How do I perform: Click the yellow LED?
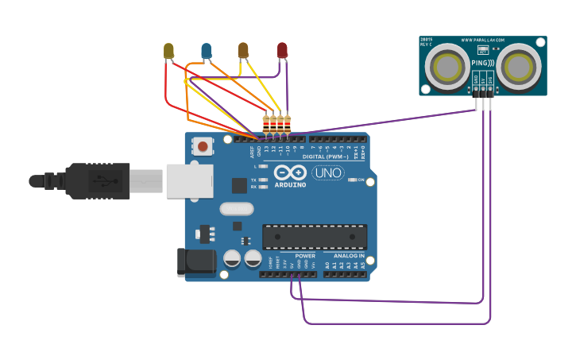pyautogui.click(x=168, y=52)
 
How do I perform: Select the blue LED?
pyautogui.click(x=207, y=52)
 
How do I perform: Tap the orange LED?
pyautogui.click(x=243, y=52)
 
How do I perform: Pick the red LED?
pyautogui.click(x=282, y=51)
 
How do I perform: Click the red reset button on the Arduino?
pyautogui.click(x=203, y=146)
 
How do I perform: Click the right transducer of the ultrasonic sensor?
pyautogui.click(x=520, y=66)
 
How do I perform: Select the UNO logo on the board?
pyautogui.click(x=327, y=172)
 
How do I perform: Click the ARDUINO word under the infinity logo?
pyautogui.click(x=290, y=185)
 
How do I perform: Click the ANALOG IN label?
pyautogui.click(x=349, y=256)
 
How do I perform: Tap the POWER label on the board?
pyautogui.click(x=305, y=256)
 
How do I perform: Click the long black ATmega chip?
pyautogui.click(x=315, y=236)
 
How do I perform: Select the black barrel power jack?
pyautogui.click(x=195, y=261)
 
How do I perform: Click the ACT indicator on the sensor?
pyautogui.click(x=483, y=50)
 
